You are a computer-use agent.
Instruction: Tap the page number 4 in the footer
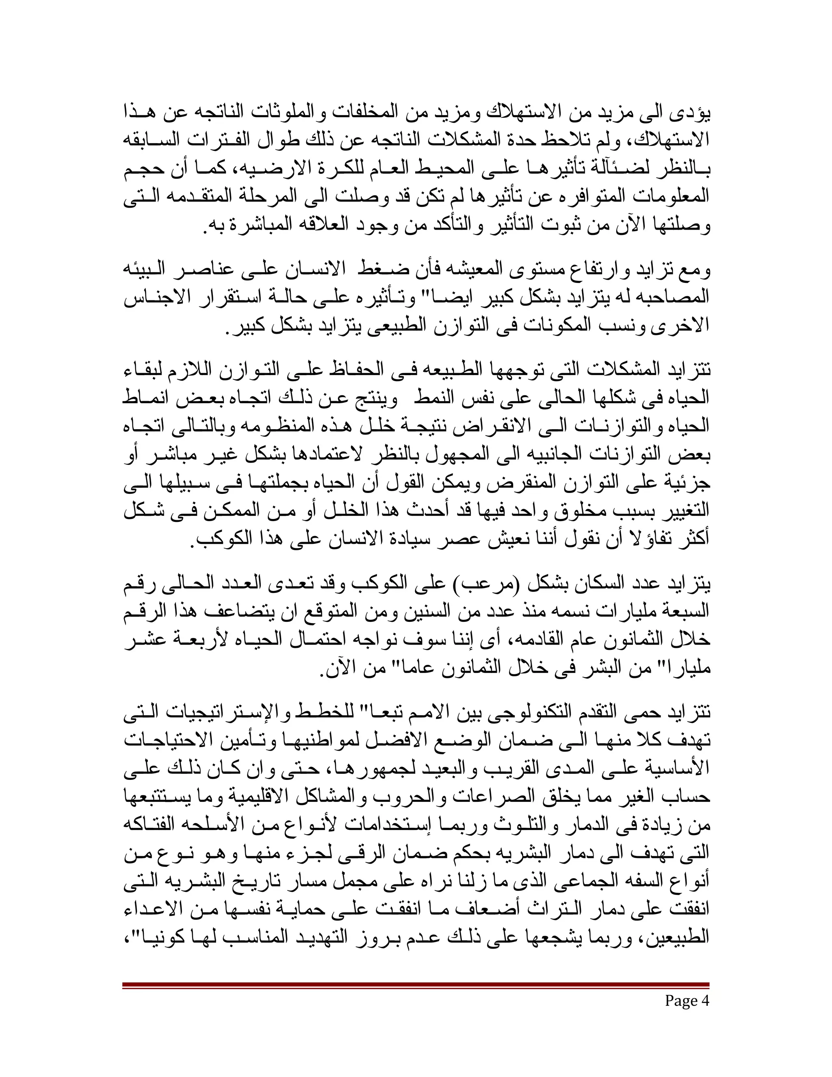coord(705,1001)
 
